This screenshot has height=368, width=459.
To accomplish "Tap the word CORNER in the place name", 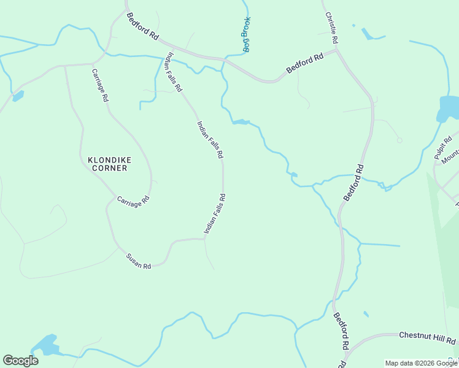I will point(109,168).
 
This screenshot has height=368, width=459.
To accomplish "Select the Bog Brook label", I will point(246,34).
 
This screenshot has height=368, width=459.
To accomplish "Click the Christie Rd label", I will point(332,28).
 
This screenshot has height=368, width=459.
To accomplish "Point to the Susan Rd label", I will point(138,262).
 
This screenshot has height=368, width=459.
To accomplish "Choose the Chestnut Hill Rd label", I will point(427,337).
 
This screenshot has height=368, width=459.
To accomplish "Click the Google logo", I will point(20,361).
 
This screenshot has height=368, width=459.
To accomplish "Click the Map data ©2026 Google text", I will point(422,363).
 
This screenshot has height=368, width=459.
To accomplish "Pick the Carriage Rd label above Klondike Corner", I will point(101,85).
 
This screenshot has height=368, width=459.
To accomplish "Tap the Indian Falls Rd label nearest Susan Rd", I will point(215,214).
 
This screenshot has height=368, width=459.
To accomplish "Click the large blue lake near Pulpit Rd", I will point(449,107).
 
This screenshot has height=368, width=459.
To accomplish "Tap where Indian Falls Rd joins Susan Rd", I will point(204,239).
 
